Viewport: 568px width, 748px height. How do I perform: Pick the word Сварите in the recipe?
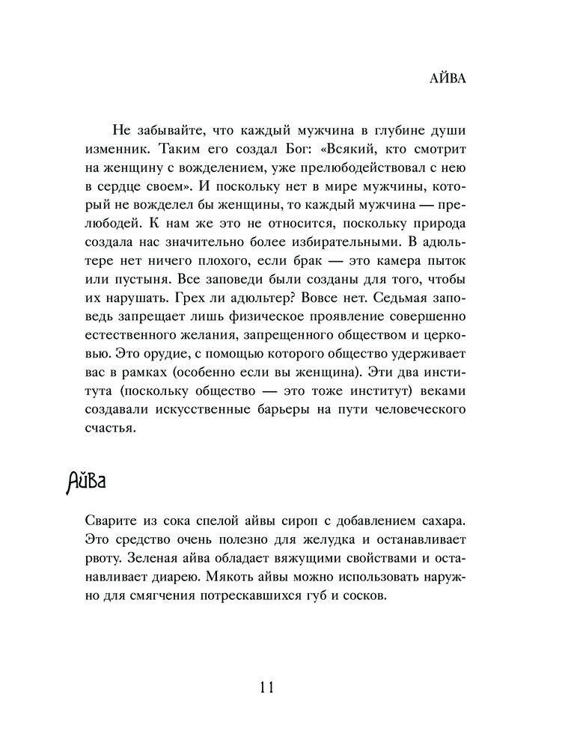[106, 518]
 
